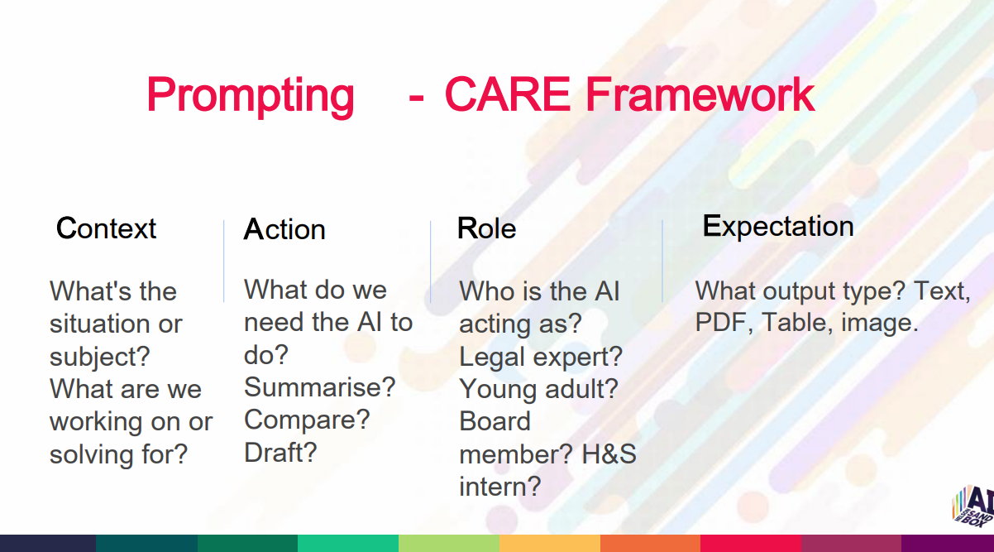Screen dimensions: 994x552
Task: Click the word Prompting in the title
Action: pos(251,96)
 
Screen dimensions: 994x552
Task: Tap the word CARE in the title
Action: pos(507,94)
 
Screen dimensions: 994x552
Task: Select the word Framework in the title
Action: pos(700,94)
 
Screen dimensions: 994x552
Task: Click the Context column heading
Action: pos(106,228)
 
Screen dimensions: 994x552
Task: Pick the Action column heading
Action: pos(284,229)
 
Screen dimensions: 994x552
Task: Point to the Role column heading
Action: pos(487,228)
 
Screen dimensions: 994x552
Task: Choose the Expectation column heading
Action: pos(778,226)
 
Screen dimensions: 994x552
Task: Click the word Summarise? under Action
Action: pos(319,386)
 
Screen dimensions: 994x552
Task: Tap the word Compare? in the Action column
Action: pos(307,420)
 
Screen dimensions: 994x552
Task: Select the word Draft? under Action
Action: pos(280,452)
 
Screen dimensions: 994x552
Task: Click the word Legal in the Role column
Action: pos(492,357)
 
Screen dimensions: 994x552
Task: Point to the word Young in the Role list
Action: pos(499,390)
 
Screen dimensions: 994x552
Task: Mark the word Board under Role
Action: pos(495,421)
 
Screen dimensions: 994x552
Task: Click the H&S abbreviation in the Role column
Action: pos(609,454)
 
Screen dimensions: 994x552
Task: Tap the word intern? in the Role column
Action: pos(500,487)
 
